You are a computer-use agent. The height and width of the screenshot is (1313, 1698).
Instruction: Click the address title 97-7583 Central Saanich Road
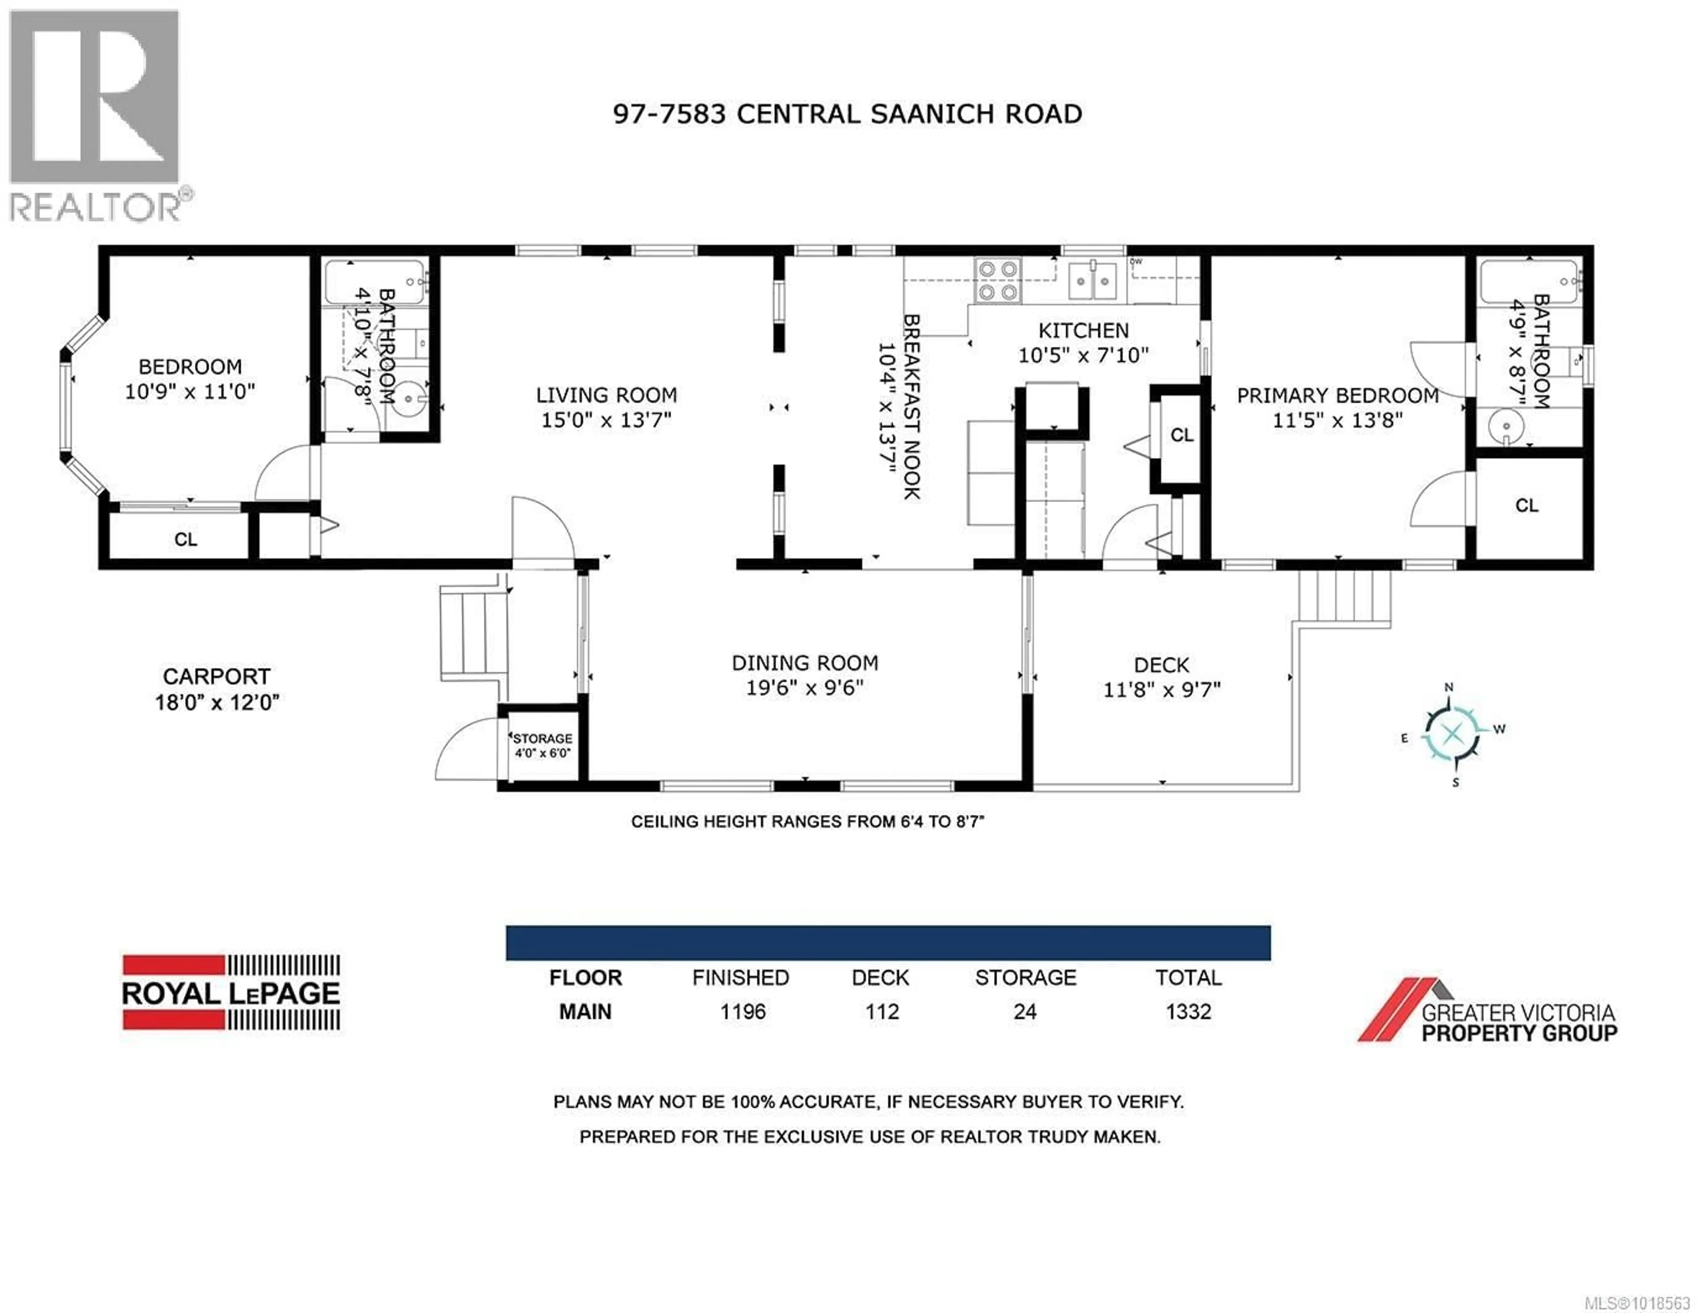pos(847,114)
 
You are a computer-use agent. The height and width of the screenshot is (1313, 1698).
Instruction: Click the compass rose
pos(1451,733)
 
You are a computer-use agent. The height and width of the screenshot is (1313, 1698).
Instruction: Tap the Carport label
pos(216,676)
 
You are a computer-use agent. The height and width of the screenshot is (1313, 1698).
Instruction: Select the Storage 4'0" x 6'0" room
pos(542,745)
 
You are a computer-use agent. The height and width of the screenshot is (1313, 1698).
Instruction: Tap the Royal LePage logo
pos(231,993)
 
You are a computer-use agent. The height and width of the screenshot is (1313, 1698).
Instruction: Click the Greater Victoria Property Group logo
pos(1487,1012)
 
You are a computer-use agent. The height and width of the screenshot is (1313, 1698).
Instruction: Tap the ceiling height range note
pos(807,822)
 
